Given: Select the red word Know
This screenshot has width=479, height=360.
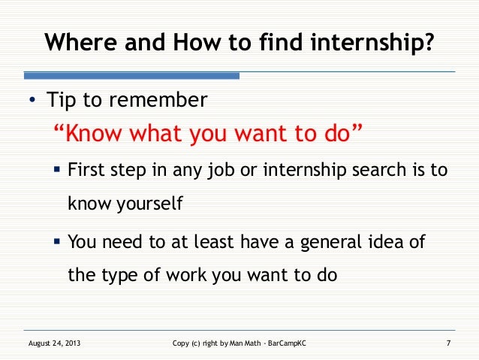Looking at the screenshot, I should coord(95,135).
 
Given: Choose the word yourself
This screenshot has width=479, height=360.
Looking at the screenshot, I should coord(148,203).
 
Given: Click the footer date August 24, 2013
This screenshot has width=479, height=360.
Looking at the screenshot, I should coord(54,343).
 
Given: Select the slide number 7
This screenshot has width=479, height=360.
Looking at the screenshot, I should coord(447,343).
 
